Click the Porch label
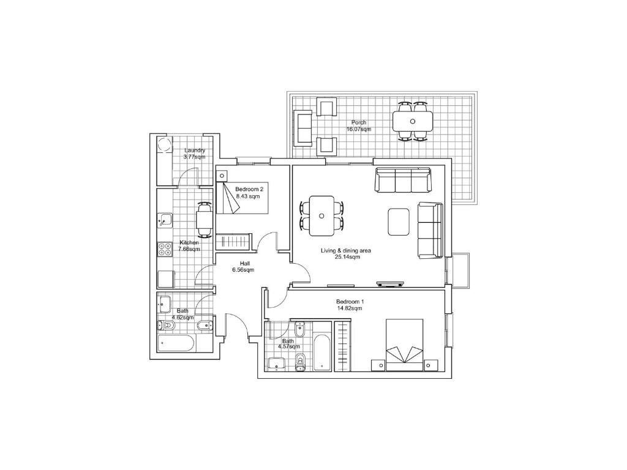pos(359,122)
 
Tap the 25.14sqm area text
pos(347,257)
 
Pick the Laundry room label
pos(195,151)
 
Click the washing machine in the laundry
pos(164,144)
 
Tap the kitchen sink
pos(165,220)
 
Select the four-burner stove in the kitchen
pos(165,250)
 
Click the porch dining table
pos(413,121)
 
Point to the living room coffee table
pos(399,222)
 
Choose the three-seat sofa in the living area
pos(403,180)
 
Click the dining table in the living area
pos(322,216)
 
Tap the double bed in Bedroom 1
pos(404,345)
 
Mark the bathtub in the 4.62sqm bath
pos(177,343)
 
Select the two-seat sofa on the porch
pos(303,129)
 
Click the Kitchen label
pos(189,242)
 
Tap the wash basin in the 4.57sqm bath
pos(276,363)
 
